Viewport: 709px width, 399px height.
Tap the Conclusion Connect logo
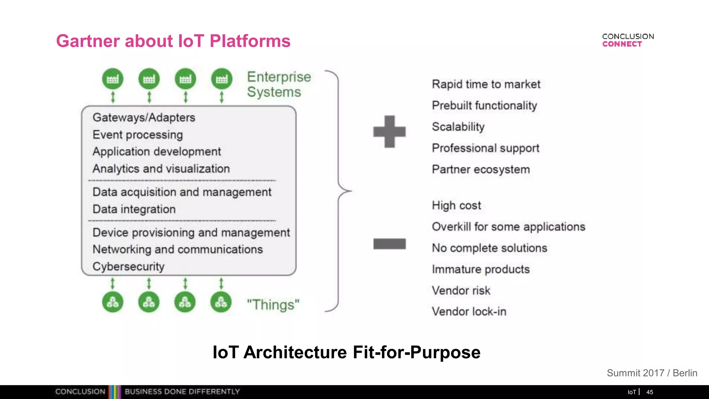point(628,40)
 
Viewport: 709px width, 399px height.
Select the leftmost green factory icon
point(113,79)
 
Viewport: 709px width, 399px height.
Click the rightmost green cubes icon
point(221,302)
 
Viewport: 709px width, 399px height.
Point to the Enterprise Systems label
point(279,85)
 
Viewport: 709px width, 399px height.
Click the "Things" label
point(273,305)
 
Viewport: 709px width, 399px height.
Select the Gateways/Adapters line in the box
point(144,117)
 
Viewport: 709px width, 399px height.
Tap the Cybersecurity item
point(128,266)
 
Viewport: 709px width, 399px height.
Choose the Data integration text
point(134,209)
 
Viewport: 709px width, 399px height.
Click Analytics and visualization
point(161,169)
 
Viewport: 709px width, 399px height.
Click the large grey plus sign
point(389,132)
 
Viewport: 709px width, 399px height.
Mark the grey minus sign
point(389,244)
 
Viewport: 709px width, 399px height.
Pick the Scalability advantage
point(458,127)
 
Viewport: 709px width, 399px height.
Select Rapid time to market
point(486,84)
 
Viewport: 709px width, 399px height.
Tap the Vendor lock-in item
point(469,311)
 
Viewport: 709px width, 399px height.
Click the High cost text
point(456,205)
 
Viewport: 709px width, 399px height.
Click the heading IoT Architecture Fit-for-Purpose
point(346,352)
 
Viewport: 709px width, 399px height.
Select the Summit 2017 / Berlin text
point(652,373)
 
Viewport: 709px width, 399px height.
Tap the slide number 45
point(649,392)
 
